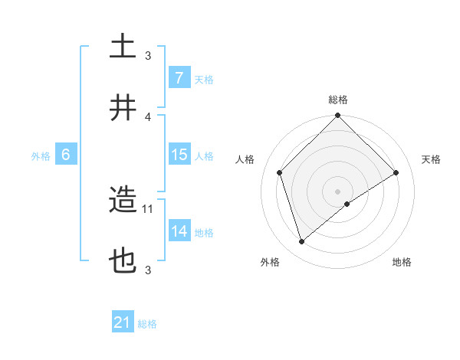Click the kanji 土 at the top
coord(123,46)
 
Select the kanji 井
coord(123,107)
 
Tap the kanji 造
coord(123,201)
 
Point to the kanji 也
coord(123,262)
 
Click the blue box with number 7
coord(179,78)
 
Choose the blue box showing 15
coord(179,155)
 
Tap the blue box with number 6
coord(66,155)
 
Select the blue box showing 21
coord(123,322)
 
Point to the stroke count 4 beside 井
coord(149,116)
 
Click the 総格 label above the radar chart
coord(337,100)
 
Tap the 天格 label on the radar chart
coord(432,159)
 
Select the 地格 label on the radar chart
coord(402,263)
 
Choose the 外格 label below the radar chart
coord(270,263)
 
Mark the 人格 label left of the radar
coord(245,159)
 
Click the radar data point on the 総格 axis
coord(337,116)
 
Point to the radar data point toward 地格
coord(347,204)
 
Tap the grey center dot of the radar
coord(337,191)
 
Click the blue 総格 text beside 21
coord(147,323)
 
